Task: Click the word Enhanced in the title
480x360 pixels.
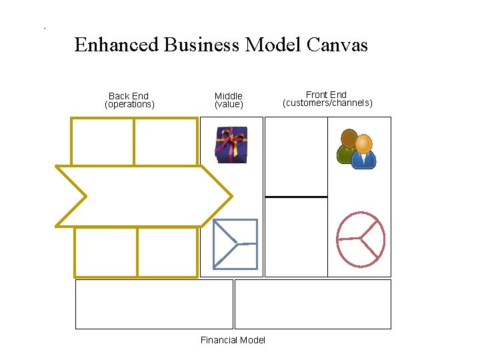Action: click(x=117, y=45)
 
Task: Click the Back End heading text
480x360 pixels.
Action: click(x=129, y=96)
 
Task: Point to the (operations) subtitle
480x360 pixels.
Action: click(x=129, y=105)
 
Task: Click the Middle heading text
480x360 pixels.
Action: click(x=229, y=96)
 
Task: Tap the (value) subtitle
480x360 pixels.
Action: click(x=229, y=105)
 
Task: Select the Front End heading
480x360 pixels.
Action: click(x=326, y=95)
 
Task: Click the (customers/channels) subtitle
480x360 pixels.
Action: click(x=327, y=103)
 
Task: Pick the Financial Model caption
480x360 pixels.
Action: click(x=233, y=340)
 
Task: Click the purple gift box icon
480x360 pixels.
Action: click(x=231, y=145)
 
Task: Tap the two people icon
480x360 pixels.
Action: click(x=356, y=149)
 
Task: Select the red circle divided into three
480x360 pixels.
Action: click(x=361, y=239)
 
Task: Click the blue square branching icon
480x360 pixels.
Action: click(x=235, y=244)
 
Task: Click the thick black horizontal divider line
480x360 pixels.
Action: click(x=296, y=197)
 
